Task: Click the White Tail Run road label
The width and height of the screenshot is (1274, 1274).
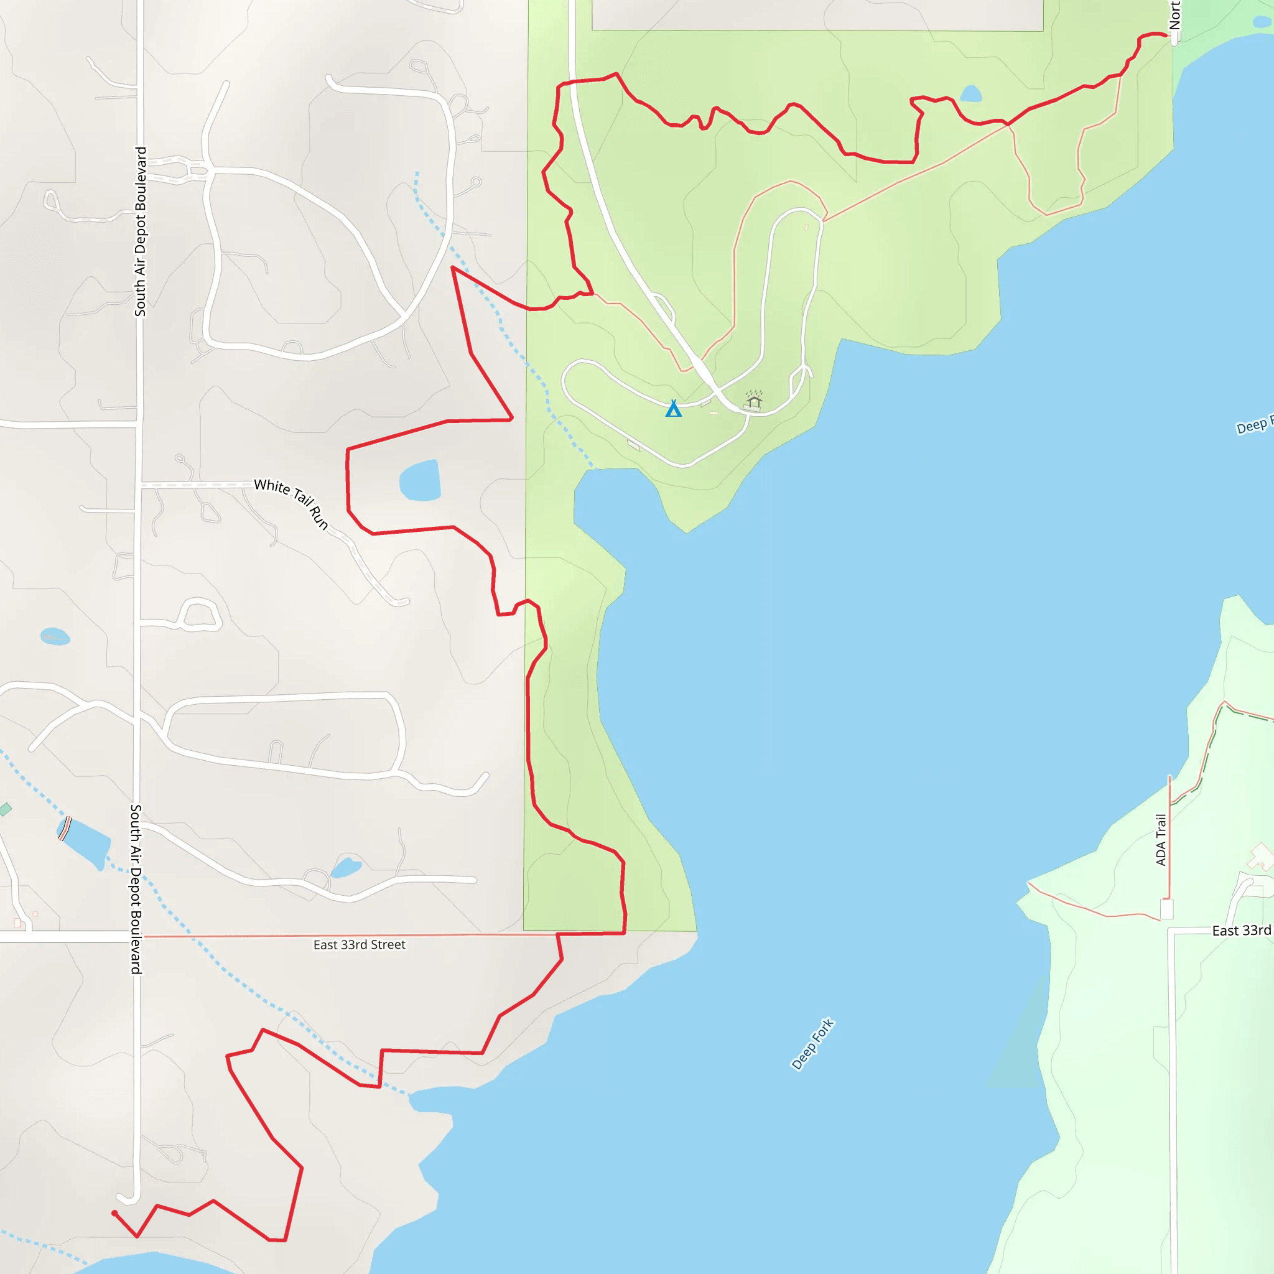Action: (292, 503)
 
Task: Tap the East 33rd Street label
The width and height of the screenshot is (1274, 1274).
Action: (360, 945)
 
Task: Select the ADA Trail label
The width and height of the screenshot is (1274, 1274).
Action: (1161, 839)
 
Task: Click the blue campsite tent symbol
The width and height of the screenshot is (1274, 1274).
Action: (673, 409)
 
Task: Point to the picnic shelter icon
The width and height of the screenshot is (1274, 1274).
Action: (754, 399)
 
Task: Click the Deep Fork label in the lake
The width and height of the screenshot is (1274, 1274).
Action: (812, 1044)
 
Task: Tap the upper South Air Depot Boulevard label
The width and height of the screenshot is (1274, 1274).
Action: (140, 231)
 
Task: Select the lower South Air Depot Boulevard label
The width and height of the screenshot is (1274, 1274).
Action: (135, 889)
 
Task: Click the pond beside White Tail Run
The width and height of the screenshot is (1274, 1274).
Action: (420, 481)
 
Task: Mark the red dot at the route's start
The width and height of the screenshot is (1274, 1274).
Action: (114, 1213)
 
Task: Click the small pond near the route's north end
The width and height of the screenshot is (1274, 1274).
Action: (970, 94)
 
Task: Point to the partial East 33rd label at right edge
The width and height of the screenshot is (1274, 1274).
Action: (1242, 931)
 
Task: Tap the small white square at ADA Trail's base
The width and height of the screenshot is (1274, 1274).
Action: (1166, 910)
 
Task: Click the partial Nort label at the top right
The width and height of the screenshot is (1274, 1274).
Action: (1174, 15)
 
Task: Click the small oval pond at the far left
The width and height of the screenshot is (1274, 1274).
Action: (55, 636)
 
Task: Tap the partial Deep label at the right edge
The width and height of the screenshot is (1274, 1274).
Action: (1253, 426)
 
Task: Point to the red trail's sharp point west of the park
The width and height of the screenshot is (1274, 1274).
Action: (453, 267)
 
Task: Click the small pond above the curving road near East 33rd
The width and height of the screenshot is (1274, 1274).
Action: (345, 868)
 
